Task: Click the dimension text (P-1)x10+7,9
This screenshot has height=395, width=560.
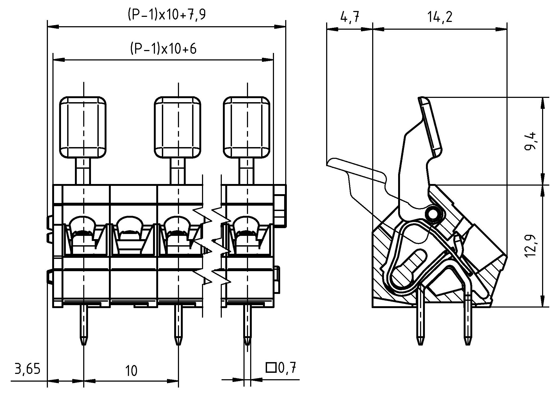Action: [x=166, y=16]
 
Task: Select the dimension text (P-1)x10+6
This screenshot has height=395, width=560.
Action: [x=163, y=49]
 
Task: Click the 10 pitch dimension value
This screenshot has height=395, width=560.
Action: [x=131, y=371]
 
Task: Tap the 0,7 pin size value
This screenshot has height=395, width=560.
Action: [x=288, y=368]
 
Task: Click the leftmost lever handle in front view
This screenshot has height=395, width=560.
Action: [x=83, y=127]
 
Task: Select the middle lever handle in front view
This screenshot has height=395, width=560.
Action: [x=178, y=127]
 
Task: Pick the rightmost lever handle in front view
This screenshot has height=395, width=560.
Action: [x=247, y=127]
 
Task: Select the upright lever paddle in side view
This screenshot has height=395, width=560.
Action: [x=431, y=127]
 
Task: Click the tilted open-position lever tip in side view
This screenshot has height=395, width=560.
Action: [x=333, y=162]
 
